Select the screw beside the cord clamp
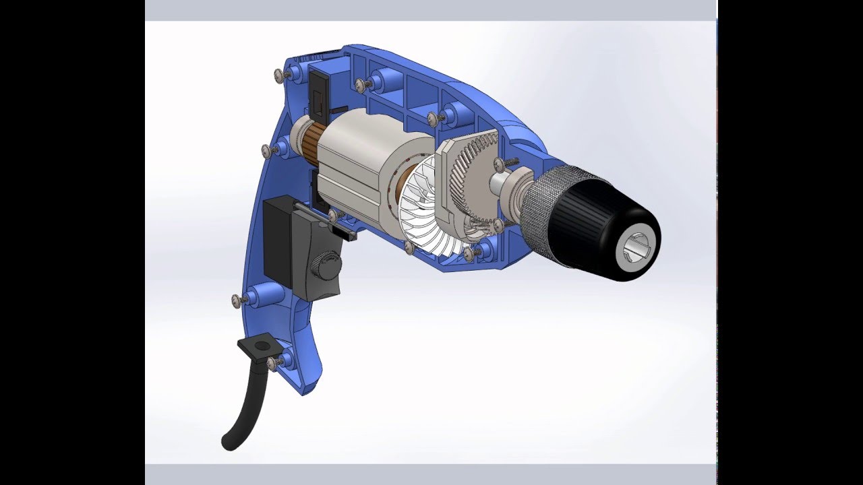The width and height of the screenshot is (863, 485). [x=274, y=364]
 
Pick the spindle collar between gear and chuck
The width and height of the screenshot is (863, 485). [x=509, y=185]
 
